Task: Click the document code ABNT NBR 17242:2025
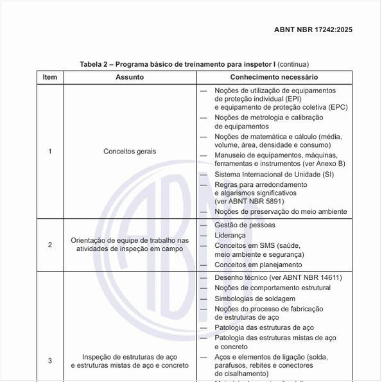(x=313, y=30)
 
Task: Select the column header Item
(x=50, y=77)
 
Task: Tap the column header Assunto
(x=130, y=77)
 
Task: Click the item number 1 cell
(x=50, y=152)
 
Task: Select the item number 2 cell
(x=50, y=245)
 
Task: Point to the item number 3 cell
(x=50, y=361)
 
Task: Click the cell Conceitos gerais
(x=130, y=152)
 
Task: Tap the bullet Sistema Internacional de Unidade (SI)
(x=274, y=174)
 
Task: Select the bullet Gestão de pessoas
(x=245, y=225)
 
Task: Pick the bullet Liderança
(x=230, y=235)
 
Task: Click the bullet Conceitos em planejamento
(x=258, y=265)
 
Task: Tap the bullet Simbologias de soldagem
(x=255, y=299)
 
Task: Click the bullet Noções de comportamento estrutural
(x=273, y=288)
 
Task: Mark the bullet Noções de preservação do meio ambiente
(x=281, y=211)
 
